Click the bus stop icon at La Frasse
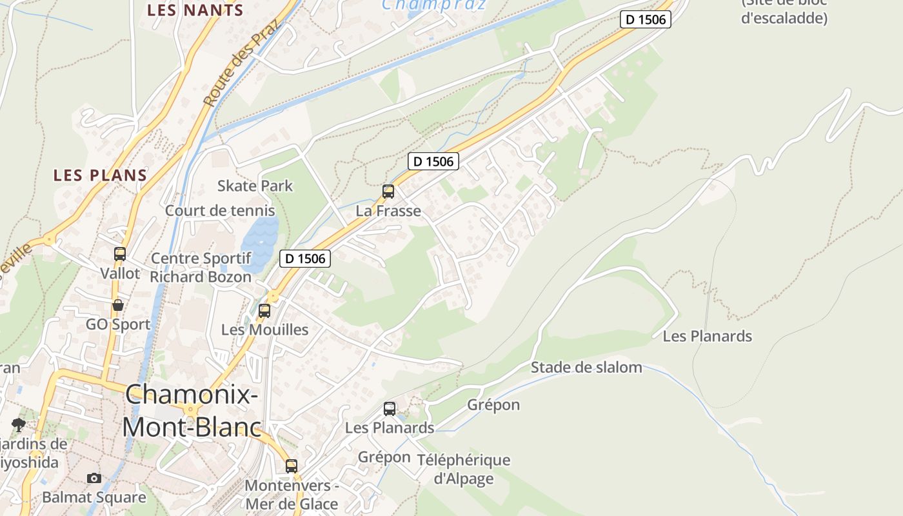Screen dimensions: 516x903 (x=388, y=192)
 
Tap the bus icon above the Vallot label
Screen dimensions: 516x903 (x=120, y=254)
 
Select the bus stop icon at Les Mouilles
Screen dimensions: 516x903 (x=264, y=311)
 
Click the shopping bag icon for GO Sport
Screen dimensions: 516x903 (x=118, y=305)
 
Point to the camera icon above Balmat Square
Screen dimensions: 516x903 (x=94, y=478)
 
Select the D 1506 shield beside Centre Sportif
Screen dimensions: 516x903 (x=306, y=259)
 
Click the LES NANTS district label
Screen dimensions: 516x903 (x=195, y=10)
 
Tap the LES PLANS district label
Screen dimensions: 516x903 (x=101, y=175)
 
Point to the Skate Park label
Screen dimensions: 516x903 (x=255, y=186)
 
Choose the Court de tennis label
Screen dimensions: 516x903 (x=220, y=210)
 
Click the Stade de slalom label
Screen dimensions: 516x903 (x=586, y=368)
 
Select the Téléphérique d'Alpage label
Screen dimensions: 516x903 (x=464, y=469)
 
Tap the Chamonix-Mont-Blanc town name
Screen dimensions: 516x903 (x=192, y=410)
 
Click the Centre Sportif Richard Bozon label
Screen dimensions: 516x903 (x=201, y=268)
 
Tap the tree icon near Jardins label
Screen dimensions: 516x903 (x=19, y=424)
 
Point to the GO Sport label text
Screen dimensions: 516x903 (x=118, y=324)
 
